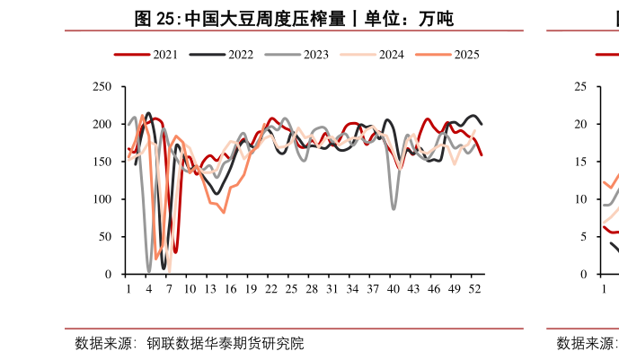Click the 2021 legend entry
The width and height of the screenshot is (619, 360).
click(164, 55)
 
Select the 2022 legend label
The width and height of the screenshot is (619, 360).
click(240, 55)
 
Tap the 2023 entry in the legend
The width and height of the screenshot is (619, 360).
click(315, 55)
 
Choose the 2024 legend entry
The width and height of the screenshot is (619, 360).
click(391, 55)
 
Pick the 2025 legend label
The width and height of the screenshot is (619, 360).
click(466, 55)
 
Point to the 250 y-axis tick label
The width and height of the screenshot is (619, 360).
click(102, 87)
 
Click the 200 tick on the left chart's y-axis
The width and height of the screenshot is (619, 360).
click(102, 125)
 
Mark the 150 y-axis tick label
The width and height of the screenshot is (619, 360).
click(102, 162)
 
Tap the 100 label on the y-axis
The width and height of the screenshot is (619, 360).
click(102, 199)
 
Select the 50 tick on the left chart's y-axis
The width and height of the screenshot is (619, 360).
click(105, 237)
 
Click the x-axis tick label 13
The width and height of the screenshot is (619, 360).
click(209, 289)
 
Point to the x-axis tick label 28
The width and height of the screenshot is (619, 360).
click(312, 289)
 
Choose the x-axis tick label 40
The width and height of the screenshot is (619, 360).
click(393, 289)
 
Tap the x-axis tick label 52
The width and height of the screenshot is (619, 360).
click(474, 289)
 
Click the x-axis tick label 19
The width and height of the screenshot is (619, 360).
click(251, 289)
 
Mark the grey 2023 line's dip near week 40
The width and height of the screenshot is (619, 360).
click(394, 209)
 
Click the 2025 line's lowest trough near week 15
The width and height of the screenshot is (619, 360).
click(223, 212)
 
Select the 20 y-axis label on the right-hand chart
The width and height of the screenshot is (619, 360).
click(580, 125)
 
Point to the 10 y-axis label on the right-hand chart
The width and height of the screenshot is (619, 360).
click(580, 199)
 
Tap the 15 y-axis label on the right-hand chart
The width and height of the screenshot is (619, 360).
click(580, 162)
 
